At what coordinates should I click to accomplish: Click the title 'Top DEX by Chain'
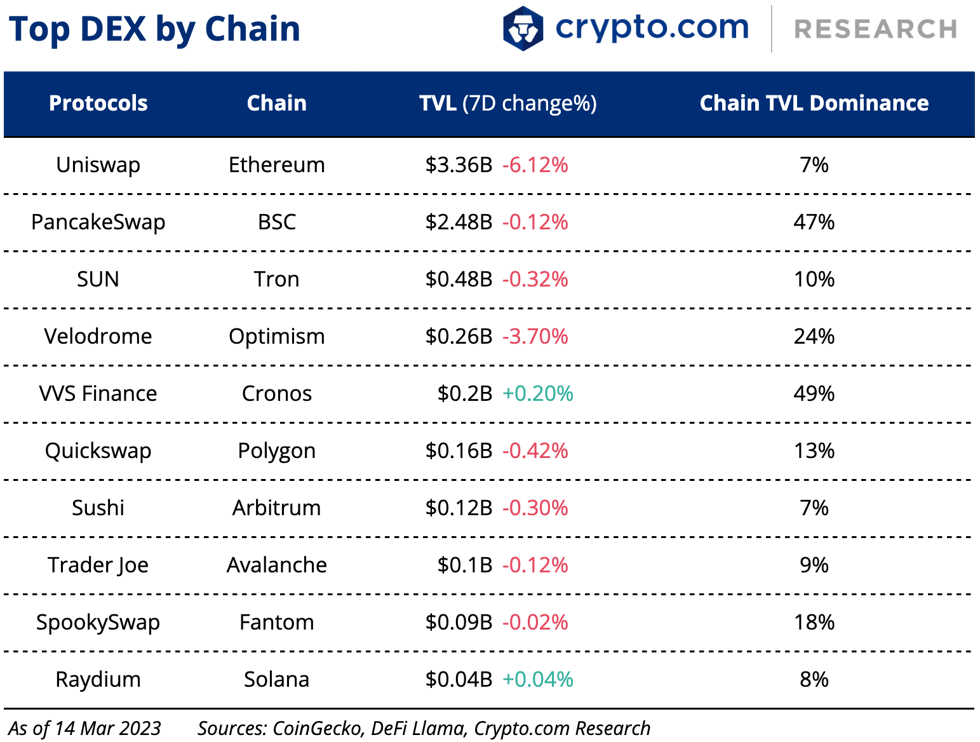(x=154, y=29)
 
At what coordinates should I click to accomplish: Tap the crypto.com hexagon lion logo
(x=523, y=29)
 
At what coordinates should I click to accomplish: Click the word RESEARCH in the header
(x=876, y=29)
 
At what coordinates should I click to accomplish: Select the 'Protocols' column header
(x=98, y=103)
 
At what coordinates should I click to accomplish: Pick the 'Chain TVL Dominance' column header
(x=814, y=103)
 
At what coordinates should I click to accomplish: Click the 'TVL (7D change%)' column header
(x=507, y=103)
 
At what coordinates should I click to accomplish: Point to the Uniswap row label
(x=98, y=165)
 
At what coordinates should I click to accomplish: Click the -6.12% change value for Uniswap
(x=535, y=165)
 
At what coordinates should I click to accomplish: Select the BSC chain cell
(x=277, y=222)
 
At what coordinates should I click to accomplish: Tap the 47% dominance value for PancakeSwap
(x=814, y=222)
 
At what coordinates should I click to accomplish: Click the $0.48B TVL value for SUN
(x=459, y=280)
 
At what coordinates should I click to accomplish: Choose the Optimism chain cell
(x=277, y=337)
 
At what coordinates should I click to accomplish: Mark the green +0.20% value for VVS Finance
(x=537, y=394)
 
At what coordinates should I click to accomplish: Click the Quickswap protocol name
(x=98, y=451)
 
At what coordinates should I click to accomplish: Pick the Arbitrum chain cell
(x=277, y=508)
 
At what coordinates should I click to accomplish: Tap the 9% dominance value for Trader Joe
(x=814, y=565)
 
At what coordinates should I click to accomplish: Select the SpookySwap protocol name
(x=98, y=623)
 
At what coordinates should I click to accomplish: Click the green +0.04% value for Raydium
(x=537, y=680)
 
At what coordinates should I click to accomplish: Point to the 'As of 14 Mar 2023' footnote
(x=85, y=728)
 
